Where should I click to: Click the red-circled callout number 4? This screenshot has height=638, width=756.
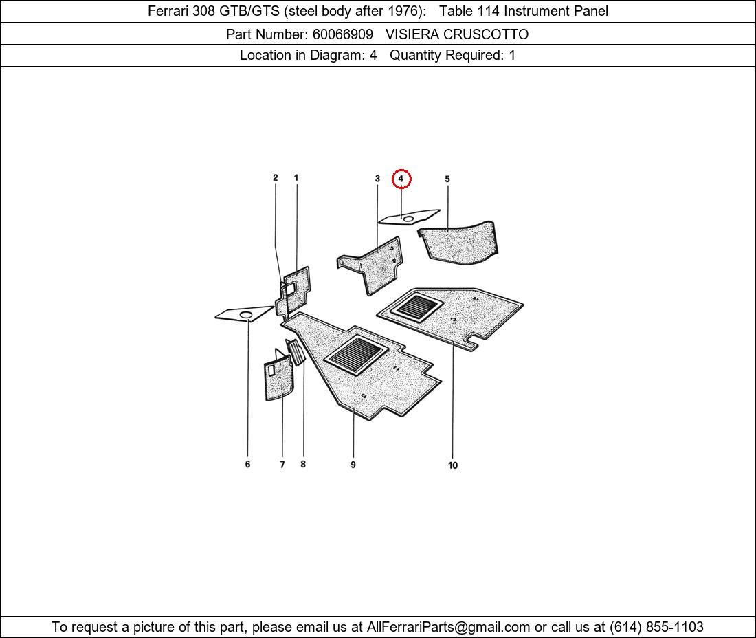401,179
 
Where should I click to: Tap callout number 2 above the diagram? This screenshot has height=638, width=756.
276,177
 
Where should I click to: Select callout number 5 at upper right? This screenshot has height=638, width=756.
447,179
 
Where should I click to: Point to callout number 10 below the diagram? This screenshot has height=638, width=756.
453,465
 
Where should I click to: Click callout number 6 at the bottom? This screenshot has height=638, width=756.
248,464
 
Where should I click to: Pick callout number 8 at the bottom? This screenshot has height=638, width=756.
303,464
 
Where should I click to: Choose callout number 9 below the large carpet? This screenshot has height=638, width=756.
353,465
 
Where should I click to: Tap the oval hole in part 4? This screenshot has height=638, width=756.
408,219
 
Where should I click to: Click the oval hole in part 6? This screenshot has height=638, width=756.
246,315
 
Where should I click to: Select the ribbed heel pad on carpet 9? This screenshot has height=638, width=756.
356,354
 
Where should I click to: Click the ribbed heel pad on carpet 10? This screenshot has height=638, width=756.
416,308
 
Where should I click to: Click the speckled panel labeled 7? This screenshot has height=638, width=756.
278,377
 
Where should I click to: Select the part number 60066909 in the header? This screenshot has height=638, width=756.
343,34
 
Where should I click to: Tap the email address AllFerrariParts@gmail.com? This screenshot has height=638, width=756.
448,627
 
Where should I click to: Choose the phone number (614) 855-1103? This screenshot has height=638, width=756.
656,627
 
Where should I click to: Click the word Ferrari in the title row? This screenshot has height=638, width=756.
168,11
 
